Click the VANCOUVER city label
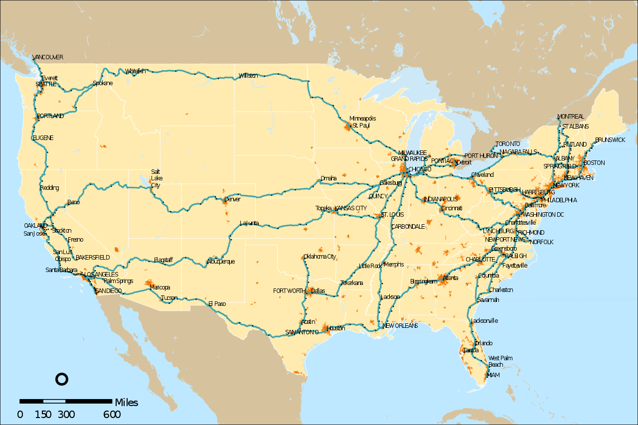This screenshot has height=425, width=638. pyautogui.click(x=48, y=57)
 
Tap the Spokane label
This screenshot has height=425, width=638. pyautogui.click(x=103, y=83)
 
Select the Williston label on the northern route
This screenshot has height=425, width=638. pyautogui.click(x=248, y=76)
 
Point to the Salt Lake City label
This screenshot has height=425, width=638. pyautogui.click(x=156, y=178)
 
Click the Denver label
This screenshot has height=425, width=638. pyautogui.click(x=232, y=199)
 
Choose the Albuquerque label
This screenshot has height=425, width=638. pyautogui.click(x=221, y=262)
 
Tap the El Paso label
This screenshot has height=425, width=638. pyautogui.click(x=217, y=303)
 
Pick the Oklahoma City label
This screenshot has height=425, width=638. pyautogui.click(x=320, y=257)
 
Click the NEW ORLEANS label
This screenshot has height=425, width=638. pyautogui.click(x=400, y=326)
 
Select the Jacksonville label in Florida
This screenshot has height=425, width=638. pyautogui.click(x=484, y=321)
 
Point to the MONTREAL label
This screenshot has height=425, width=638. pyautogui.click(x=571, y=117)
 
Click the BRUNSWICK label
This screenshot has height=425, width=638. pyautogui.click(x=610, y=140)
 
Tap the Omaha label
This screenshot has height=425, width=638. pyautogui.click(x=328, y=178)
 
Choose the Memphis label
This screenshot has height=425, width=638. pyautogui.click(x=394, y=265)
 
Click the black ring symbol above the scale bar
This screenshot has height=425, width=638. pyautogui.click(x=61, y=379)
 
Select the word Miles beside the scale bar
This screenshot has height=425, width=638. pyautogui.click(x=127, y=403)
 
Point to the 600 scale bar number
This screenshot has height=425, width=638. pyautogui.click(x=112, y=415)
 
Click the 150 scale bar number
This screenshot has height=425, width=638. pyautogui.click(x=43, y=415)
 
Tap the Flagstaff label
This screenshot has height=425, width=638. pyautogui.click(x=163, y=260)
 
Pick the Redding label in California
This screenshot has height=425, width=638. pyautogui.click(x=49, y=188)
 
